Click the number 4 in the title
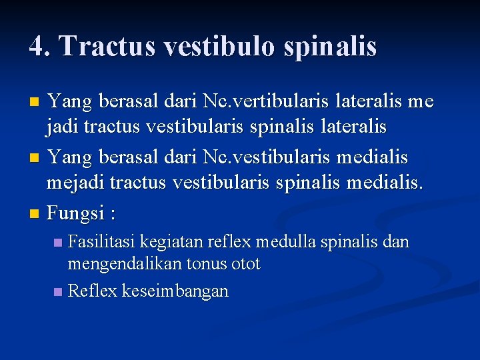tap(38, 46)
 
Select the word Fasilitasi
tap(102, 242)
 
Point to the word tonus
tap(207, 264)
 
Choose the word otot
tap(246, 264)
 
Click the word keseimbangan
tap(175, 291)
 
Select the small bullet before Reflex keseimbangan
tap(58, 291)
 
